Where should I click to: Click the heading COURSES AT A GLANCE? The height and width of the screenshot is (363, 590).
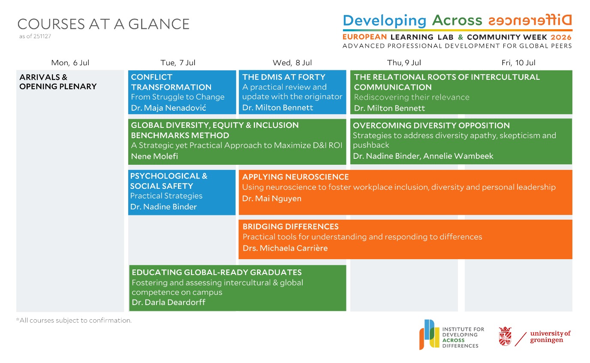click(103, 24)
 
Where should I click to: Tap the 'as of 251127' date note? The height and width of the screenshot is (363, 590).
click(35, 36)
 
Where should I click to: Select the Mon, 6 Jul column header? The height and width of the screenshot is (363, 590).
click(70, 63)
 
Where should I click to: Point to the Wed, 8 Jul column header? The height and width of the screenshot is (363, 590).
click(292, 63)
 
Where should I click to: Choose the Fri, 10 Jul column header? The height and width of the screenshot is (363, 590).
click(518, 63)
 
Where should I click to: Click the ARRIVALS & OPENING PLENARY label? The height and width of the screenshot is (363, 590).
click(58, 82)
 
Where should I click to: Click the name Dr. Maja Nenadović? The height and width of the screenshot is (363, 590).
click(168, 108)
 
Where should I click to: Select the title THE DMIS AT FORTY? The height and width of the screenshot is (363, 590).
click(283, 77)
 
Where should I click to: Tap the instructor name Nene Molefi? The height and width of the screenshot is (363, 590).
click(154, 156)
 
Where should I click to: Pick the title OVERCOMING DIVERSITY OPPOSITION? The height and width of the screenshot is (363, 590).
click(431, 126)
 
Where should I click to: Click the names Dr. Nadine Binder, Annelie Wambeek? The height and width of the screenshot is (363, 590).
click(423, 156)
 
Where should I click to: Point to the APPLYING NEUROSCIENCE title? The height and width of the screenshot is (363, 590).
click(295, 177)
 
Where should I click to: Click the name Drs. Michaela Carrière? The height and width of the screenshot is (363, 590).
click(285, 248)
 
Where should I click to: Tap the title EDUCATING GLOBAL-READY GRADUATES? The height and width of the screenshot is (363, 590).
click(217, 272)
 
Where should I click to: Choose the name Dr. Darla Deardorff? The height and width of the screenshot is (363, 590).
click(169, 302)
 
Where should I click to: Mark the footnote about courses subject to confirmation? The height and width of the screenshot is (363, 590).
click(74, 320)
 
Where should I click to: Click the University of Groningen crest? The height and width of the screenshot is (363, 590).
click(505, 336)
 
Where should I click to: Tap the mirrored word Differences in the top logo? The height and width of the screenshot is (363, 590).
click(529, 20)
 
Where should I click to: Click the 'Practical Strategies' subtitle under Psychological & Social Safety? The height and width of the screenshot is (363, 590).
click(166, 196)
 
